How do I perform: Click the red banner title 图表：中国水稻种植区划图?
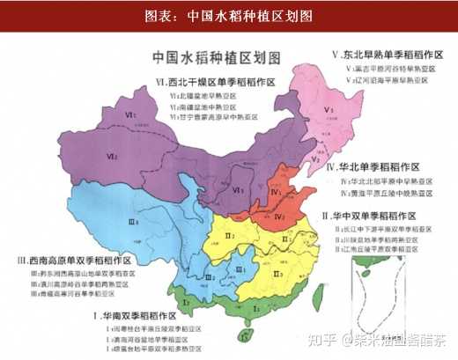coord(229,14)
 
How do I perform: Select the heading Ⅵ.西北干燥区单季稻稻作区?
coord(217,81)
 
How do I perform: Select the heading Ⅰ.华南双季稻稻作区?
coord(142,314)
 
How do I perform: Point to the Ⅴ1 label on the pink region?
coord(328,109)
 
